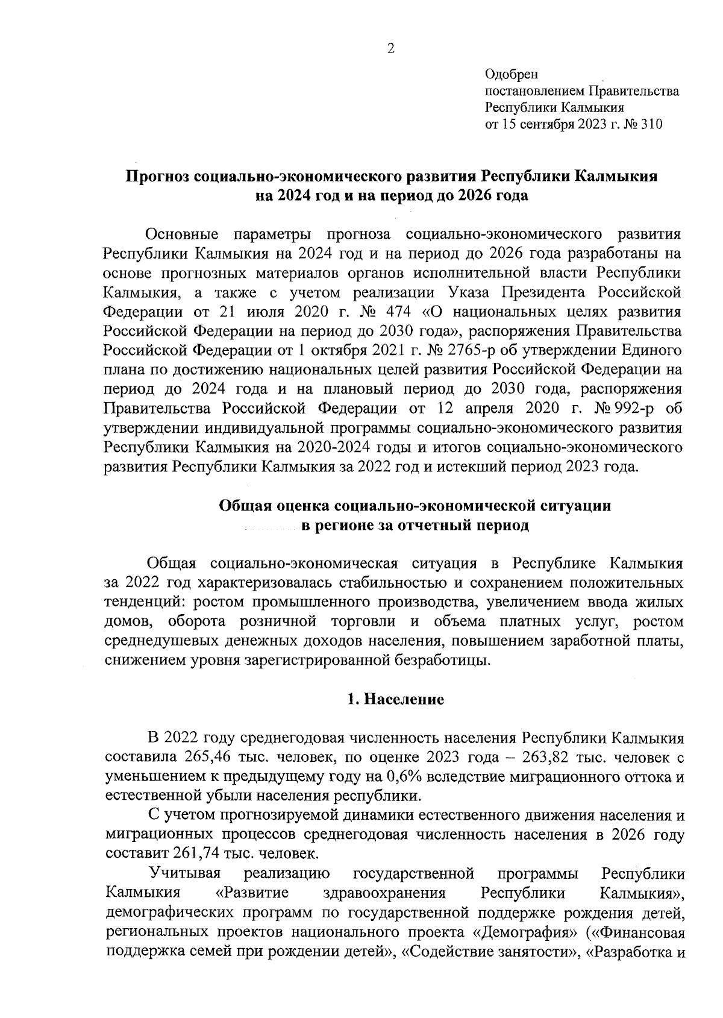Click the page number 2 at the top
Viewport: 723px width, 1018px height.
[x=390, y=49]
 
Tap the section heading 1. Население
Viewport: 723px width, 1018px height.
[x=396, y=699]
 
